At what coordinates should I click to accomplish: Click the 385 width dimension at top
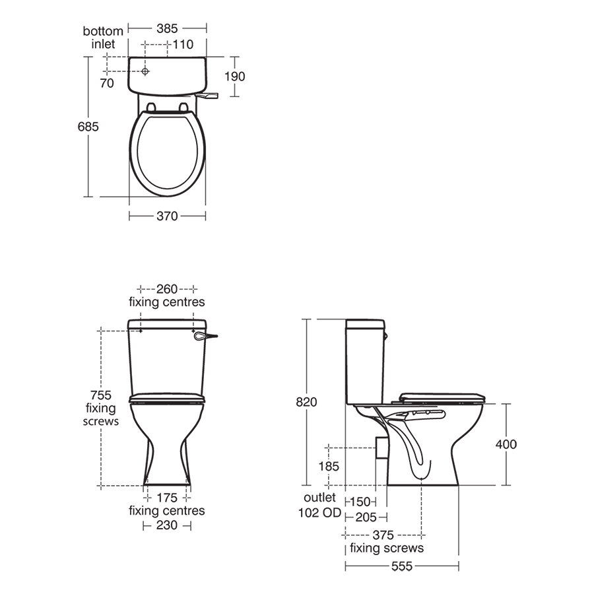click(168, 28)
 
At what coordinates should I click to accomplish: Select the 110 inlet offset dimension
click(182, 44)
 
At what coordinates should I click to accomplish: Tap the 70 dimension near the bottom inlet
click(107, 83)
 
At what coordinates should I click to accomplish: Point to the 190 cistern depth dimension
click(234, 77)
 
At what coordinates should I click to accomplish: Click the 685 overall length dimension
click(88, 127)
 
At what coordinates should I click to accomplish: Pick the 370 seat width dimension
click(167, 216)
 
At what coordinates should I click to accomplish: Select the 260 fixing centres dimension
click(167, 289)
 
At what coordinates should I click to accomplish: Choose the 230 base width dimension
click(166, 525)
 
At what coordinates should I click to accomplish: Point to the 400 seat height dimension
click(506, 444)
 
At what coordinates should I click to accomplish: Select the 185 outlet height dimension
click(328, 467)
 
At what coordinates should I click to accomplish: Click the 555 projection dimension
click(401, 566)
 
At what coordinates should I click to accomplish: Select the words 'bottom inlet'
click(103, 38)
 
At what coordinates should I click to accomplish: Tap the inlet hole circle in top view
click(145, 71)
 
